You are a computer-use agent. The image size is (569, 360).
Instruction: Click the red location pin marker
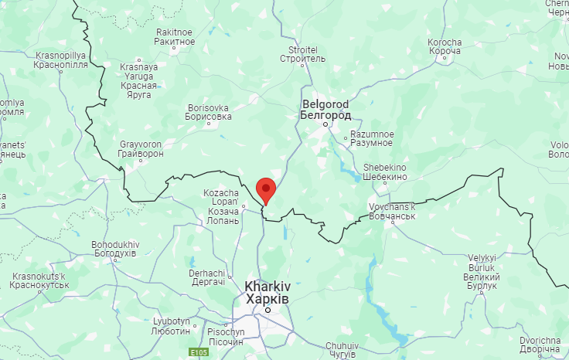(x=266, y=188)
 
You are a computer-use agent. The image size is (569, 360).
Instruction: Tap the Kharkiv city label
(x=267, y=292)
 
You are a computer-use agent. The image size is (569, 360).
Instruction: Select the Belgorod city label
(x=325, y=109)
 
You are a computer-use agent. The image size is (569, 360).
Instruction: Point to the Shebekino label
(x=385, y=172)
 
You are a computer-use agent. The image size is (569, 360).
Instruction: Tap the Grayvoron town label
(x=141, y=148)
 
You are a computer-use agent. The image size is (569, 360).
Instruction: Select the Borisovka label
(x=208, y=113)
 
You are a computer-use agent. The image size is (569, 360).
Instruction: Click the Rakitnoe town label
(x=175, y=36)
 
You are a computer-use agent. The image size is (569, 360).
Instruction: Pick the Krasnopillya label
(x=60, y=60)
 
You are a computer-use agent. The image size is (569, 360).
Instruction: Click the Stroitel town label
(x=303, y=54)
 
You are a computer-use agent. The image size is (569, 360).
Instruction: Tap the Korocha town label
(x=445, y=46)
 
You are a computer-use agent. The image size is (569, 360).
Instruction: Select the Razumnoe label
(x=372, y=138)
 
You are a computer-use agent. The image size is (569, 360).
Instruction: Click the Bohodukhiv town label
(x=114, y=249)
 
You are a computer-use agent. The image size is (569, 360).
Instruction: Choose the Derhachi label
(x=207, y=278)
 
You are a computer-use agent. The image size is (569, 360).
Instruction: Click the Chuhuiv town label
(x=342, y=350)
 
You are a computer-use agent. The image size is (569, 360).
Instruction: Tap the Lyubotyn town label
(x=171, y=326)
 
